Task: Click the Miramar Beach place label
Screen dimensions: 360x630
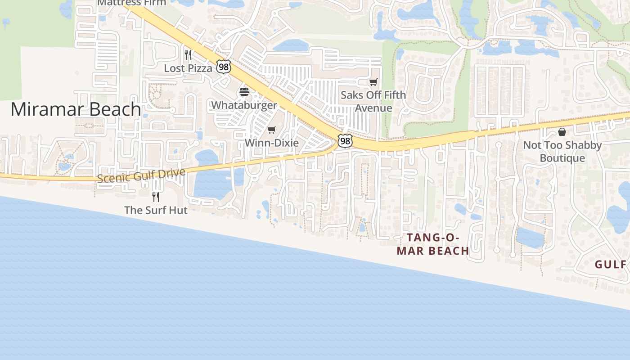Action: pos(76,109)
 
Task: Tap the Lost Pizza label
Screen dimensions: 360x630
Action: pos(188,68)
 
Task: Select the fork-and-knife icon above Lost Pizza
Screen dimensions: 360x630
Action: pos(188,55)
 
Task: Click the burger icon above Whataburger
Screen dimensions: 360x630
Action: pos(244,92)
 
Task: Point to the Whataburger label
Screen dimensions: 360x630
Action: pos(244,105)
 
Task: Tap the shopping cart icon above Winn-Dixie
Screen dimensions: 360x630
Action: pos(271,130)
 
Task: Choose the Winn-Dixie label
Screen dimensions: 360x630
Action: pos(271,143)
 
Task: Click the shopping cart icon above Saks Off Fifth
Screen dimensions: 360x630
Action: pos(373,82)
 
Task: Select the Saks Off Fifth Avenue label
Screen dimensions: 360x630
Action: pos(373,101)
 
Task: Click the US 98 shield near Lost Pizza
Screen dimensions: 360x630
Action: pos(224,67)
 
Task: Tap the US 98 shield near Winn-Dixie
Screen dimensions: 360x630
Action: pos(345,141)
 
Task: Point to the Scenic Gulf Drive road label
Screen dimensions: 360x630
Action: pos(141,175)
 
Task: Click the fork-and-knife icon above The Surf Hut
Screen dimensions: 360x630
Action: pos(156,197)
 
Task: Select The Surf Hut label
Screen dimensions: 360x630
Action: pos(156,210)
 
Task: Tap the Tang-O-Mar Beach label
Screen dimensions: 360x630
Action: pos(433,244)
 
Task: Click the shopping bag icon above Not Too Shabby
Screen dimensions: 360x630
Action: pos(562,132)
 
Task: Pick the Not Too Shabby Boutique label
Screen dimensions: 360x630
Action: pos(562,152)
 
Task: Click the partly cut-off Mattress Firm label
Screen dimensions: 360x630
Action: pos(131,3)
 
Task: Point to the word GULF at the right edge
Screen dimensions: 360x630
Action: pos(611,265)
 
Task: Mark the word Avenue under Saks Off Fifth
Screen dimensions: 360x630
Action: pos(373,108)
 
